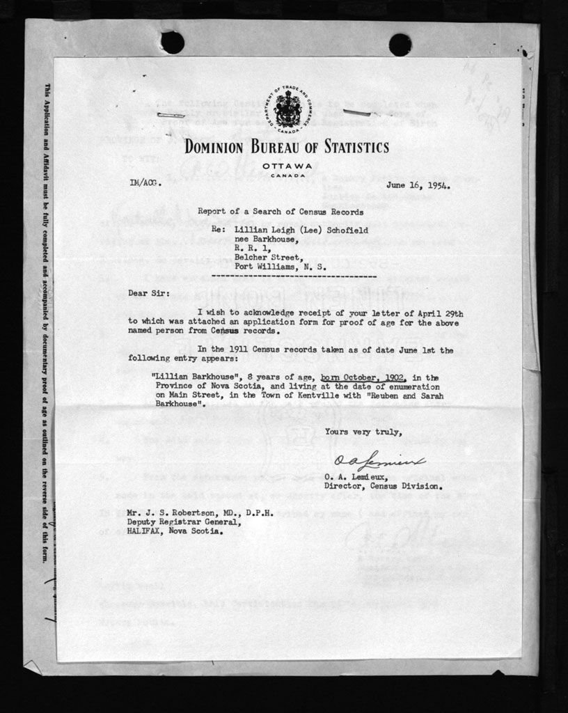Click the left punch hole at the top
coord(172,42)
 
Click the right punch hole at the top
coord(400,45)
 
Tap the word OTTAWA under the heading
coord(287,165)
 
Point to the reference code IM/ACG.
coord(145,183)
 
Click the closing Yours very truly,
coord(363,432)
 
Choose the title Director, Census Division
coord(387,485)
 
